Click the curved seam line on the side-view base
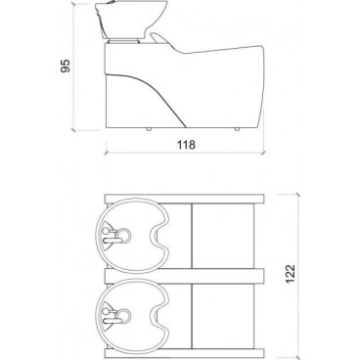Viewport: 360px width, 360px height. pos(161,98)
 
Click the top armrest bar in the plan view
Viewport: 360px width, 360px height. pos(186,198)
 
